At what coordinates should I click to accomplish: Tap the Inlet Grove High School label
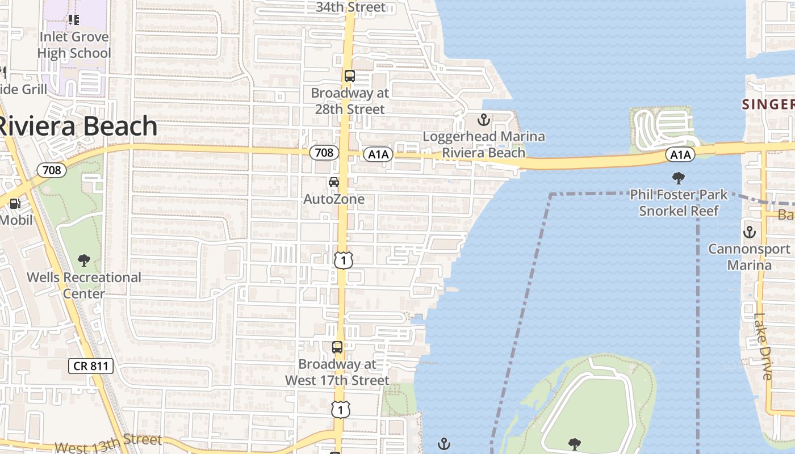pos(74,45)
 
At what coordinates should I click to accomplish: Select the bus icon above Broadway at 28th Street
pos(349,76)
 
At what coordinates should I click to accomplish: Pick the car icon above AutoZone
pos(334,182)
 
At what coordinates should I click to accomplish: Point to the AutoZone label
pos(334,199)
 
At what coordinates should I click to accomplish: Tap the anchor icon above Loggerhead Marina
pos(483,120)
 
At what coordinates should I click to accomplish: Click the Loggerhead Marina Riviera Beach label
pos(484,145)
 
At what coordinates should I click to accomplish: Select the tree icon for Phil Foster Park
pos(678,179)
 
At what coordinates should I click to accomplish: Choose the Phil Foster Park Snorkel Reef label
pos(679,203)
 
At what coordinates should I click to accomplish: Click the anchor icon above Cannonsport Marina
pos(750,232)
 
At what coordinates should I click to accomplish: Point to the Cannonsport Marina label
pos(750,257)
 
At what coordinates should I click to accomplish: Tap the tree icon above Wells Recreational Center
pos(84,261)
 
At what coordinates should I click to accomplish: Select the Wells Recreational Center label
pos(84,285)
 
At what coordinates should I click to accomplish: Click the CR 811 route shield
pos(91,366)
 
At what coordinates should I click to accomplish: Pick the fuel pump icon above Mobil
pos(15,203)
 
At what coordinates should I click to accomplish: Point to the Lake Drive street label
pos(763,347)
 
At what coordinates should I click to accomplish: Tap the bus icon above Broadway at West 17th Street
pos(337,347)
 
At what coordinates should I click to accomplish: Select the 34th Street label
pos(351,7)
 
